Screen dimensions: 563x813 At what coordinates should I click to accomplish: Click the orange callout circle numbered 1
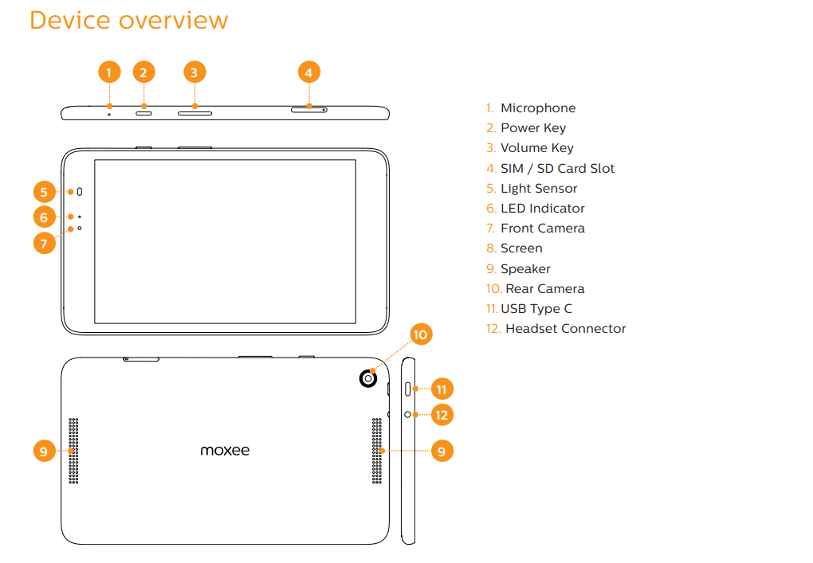click(x=109, y=72)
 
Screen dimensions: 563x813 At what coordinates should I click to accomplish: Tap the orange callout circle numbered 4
click(x=309, y=72)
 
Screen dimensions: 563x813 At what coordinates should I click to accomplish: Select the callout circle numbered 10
click(x=421, y=334)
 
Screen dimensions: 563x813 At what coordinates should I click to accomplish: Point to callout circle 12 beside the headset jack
click(x=441, y=414)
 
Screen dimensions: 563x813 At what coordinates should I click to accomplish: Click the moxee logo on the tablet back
click(x=225, y=451)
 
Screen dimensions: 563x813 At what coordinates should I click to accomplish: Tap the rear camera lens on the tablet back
click(x=367, y=379)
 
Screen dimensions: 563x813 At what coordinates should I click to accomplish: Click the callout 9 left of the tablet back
click(x=44, y=452)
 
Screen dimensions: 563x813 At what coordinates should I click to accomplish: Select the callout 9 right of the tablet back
click(x=441, y=452)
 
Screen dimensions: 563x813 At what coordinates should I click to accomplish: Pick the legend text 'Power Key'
click(x=532, y=128)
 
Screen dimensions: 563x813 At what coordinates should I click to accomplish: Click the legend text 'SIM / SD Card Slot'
click(x=557, y=168)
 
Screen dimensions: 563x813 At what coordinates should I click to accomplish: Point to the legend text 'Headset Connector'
click(x=565, y=329)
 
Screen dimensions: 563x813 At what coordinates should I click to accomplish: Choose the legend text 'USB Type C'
click(x=536, y=309)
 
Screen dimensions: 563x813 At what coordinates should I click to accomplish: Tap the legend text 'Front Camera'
click(x=542, y=229)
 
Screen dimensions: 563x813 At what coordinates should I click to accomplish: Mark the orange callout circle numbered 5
click(x=44, y=192)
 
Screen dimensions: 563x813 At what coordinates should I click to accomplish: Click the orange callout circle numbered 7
click(x=44, y=242)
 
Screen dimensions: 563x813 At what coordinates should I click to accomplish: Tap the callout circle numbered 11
click(x=441, y=389)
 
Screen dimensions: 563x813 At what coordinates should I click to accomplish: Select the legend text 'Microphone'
click(x=537, y=108)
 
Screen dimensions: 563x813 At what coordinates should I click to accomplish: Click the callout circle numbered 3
click(x=194, y=72)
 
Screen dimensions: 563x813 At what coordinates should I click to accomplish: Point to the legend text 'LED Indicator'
click(x=542, y=209)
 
